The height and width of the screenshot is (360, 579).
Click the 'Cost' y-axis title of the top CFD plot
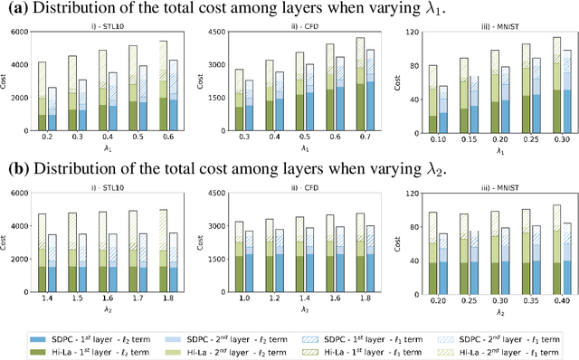(x=202, y=79)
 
